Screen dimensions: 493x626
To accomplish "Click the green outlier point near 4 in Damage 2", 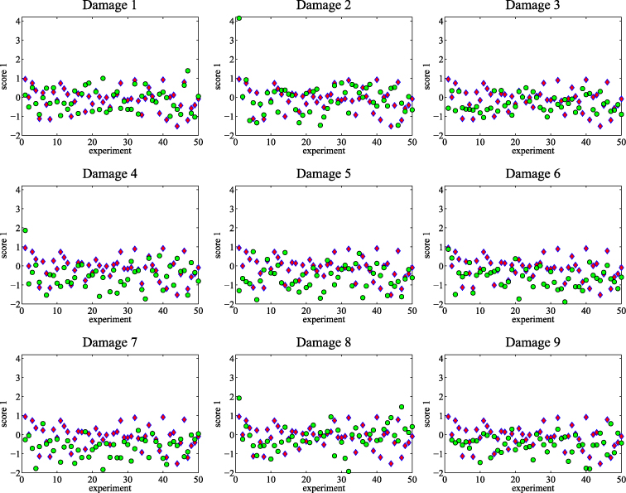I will pyautogui.click(x=238, y=17).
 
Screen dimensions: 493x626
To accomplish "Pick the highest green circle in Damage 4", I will pyautogui.click(x=25, y=230).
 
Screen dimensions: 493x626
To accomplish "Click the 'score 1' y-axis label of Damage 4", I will pyautogui.click(x=5, y=246).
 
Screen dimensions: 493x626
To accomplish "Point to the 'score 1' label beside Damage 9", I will pyautogui.click(x=432, y=414).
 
